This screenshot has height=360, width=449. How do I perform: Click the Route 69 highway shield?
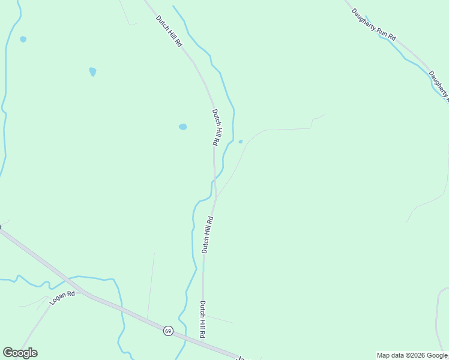(168, 331)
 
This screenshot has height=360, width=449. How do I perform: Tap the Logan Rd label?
(62, 298)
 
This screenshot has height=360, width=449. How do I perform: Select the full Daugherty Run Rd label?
(374, 24)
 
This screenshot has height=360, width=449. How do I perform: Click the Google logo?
(20, 353)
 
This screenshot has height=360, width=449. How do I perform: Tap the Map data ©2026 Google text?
(412, 355)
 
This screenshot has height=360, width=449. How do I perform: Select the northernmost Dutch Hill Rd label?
(169, 31)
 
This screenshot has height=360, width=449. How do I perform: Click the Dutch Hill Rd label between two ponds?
(216, 127)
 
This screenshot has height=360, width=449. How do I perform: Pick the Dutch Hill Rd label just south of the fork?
(207, 235)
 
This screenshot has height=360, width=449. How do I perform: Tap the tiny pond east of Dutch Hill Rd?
(241, 142)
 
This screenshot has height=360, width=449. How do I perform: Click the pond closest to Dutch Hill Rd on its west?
(182, 127)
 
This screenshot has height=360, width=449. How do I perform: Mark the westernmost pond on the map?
(23, 39)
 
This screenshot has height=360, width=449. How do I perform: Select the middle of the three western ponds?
(92, 71)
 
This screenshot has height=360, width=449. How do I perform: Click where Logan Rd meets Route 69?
(84, 292)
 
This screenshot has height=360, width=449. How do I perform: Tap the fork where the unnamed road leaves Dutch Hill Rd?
(216, 197)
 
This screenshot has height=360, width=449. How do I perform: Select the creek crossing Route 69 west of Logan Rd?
(68, 282)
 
